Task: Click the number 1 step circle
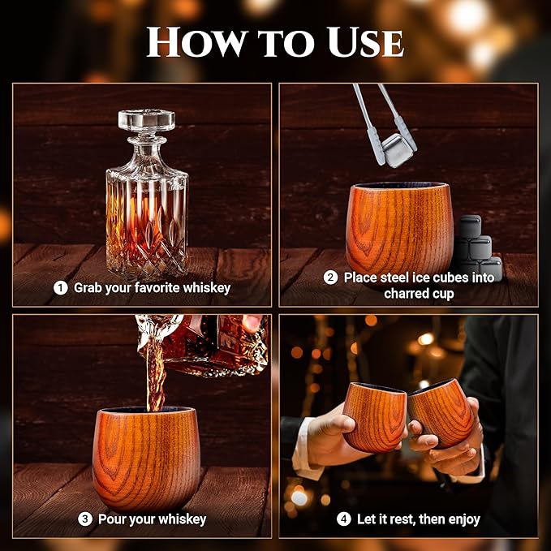click(x=60, y=287)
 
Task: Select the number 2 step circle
click(x=329, y=278)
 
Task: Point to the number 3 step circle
click(x=84, y=519)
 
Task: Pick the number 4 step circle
click(x=344, y=519)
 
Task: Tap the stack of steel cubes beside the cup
click(x=477, y=248)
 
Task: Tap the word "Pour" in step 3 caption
click(x=112, y=519)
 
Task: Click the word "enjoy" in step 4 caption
click(x=463, y=519)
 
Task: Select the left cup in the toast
click(x=375, y=416)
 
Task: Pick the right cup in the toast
click(x=441, y=411)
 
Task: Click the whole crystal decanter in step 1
click(x=147, y=199)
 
